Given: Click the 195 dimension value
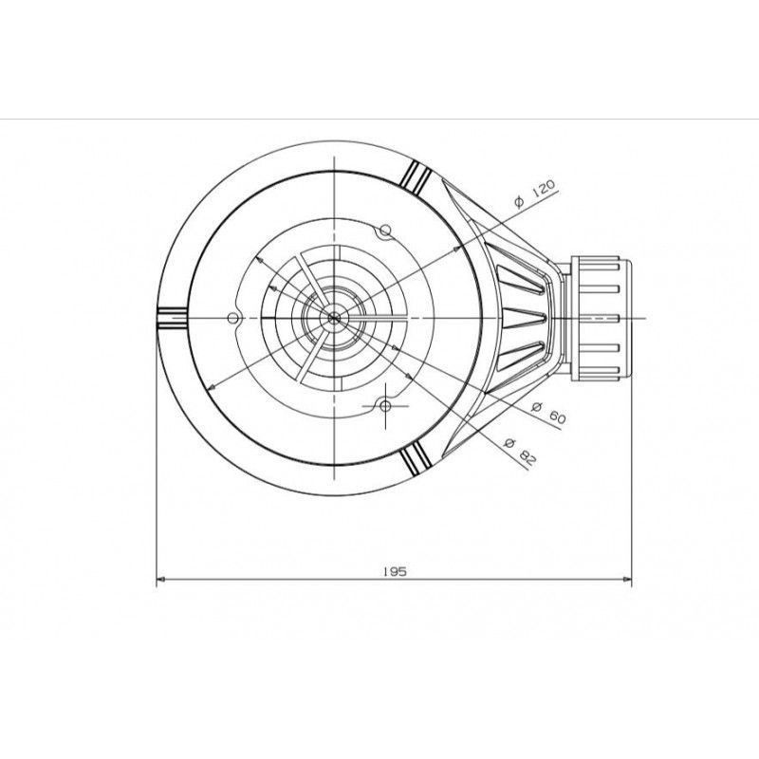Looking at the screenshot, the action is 395,571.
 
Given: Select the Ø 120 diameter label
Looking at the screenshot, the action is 536,194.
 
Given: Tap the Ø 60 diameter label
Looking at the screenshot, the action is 548,413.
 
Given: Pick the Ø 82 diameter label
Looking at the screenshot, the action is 521,451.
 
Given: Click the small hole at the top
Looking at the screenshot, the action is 385,230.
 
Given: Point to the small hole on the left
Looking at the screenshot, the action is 232,318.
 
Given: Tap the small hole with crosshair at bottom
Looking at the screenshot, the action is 385,406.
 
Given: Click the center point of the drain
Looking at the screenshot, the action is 334,318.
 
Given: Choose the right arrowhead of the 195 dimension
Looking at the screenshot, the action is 627,579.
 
